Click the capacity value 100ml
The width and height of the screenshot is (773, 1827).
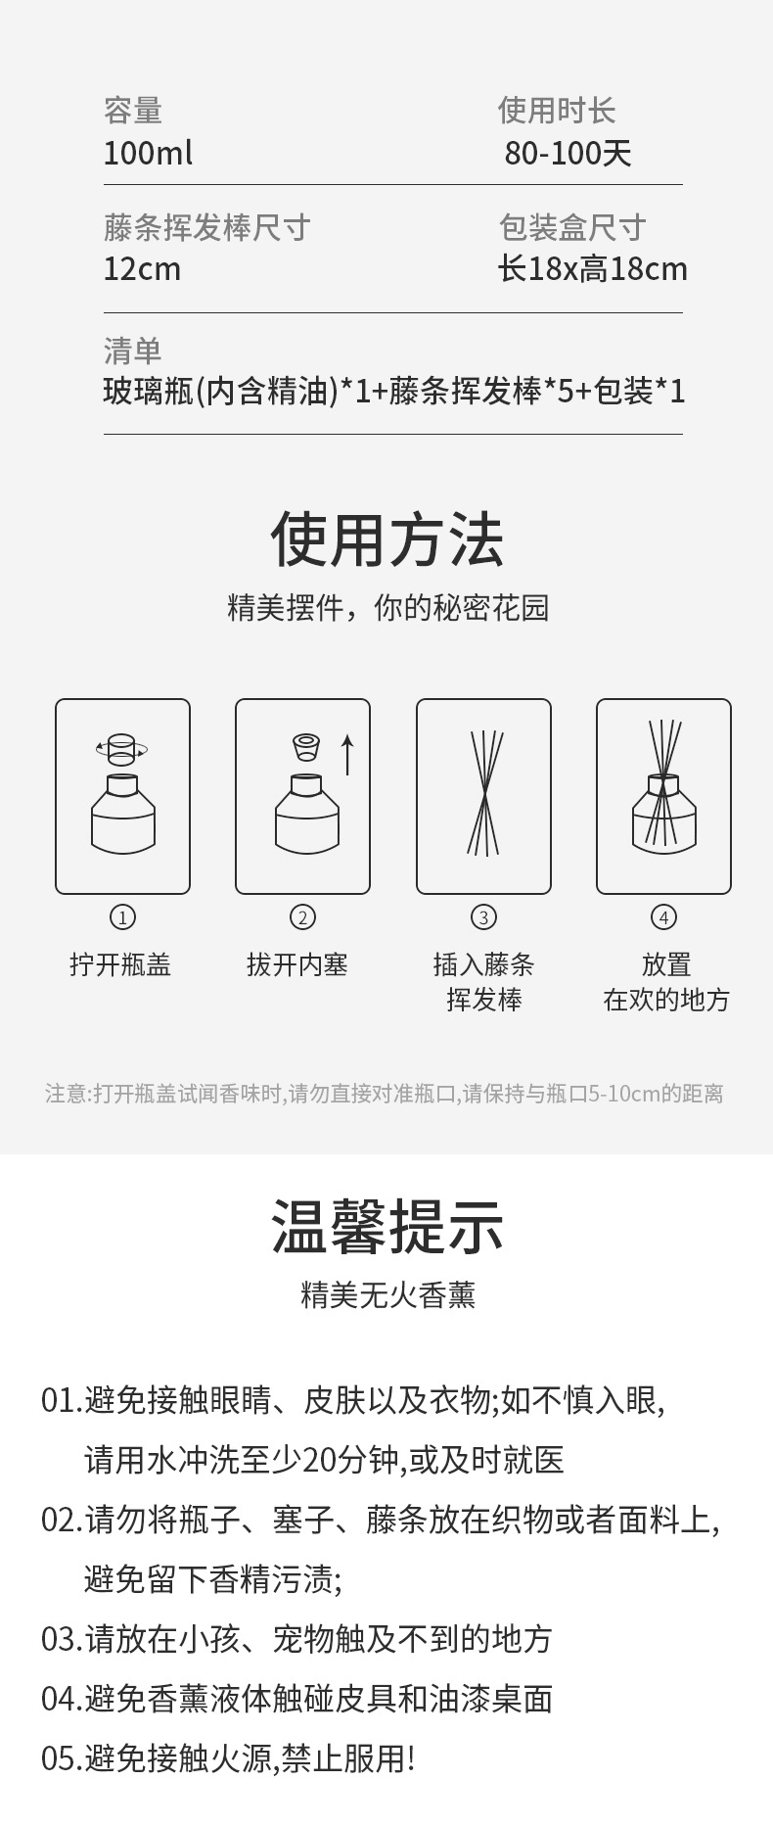coord(148,153)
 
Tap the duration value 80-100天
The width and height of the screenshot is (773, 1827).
coord(568,153)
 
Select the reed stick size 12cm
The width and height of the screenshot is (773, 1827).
coord(142,269)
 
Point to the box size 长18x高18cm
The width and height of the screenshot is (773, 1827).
coord(593,269)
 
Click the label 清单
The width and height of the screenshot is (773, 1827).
coord(133,350)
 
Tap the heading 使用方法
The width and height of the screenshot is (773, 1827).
coord(386,539)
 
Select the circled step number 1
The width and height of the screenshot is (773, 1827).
coord(122,917)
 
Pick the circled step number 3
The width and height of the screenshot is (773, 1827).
coord(483,917)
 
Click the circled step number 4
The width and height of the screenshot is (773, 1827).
coord(663,917)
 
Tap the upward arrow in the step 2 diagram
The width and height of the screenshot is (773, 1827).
coord(346,756)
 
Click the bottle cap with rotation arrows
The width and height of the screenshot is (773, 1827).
coord(121,749)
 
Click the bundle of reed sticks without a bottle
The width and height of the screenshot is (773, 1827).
coord(483,793)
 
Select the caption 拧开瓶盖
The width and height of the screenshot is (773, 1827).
coord(120,965)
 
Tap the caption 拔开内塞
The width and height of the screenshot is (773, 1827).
coord(297,965)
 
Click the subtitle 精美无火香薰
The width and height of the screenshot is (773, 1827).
coord(387,1295)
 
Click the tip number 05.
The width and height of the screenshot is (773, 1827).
coord(61,1758)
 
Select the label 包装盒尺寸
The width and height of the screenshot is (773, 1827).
coord(572,227)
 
